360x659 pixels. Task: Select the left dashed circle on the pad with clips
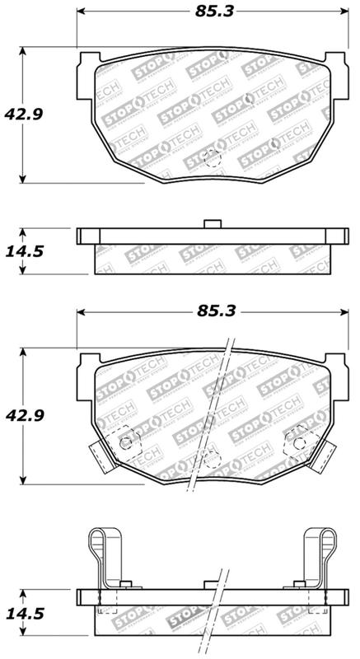[x=126, y=443]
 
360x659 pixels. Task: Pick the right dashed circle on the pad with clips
[x=294, y=443]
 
